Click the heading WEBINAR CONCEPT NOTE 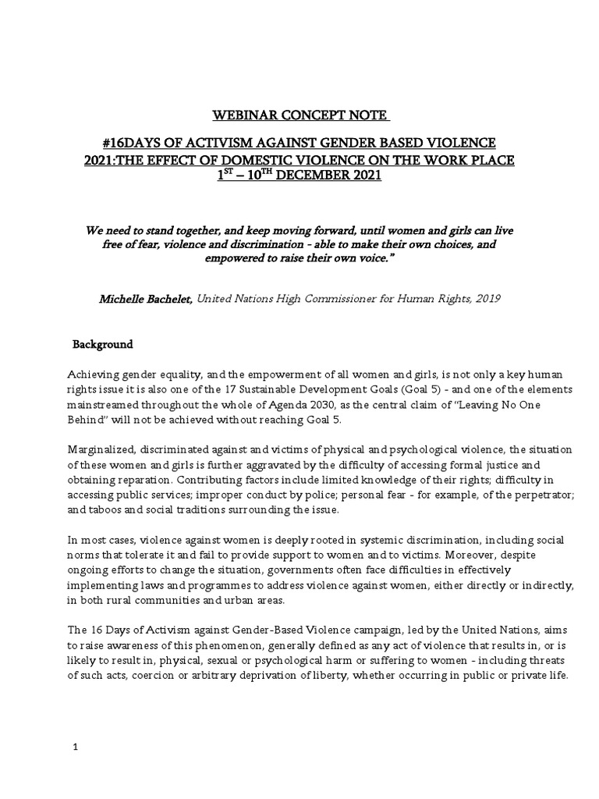pos(300,116)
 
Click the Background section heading pos(102,344)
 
